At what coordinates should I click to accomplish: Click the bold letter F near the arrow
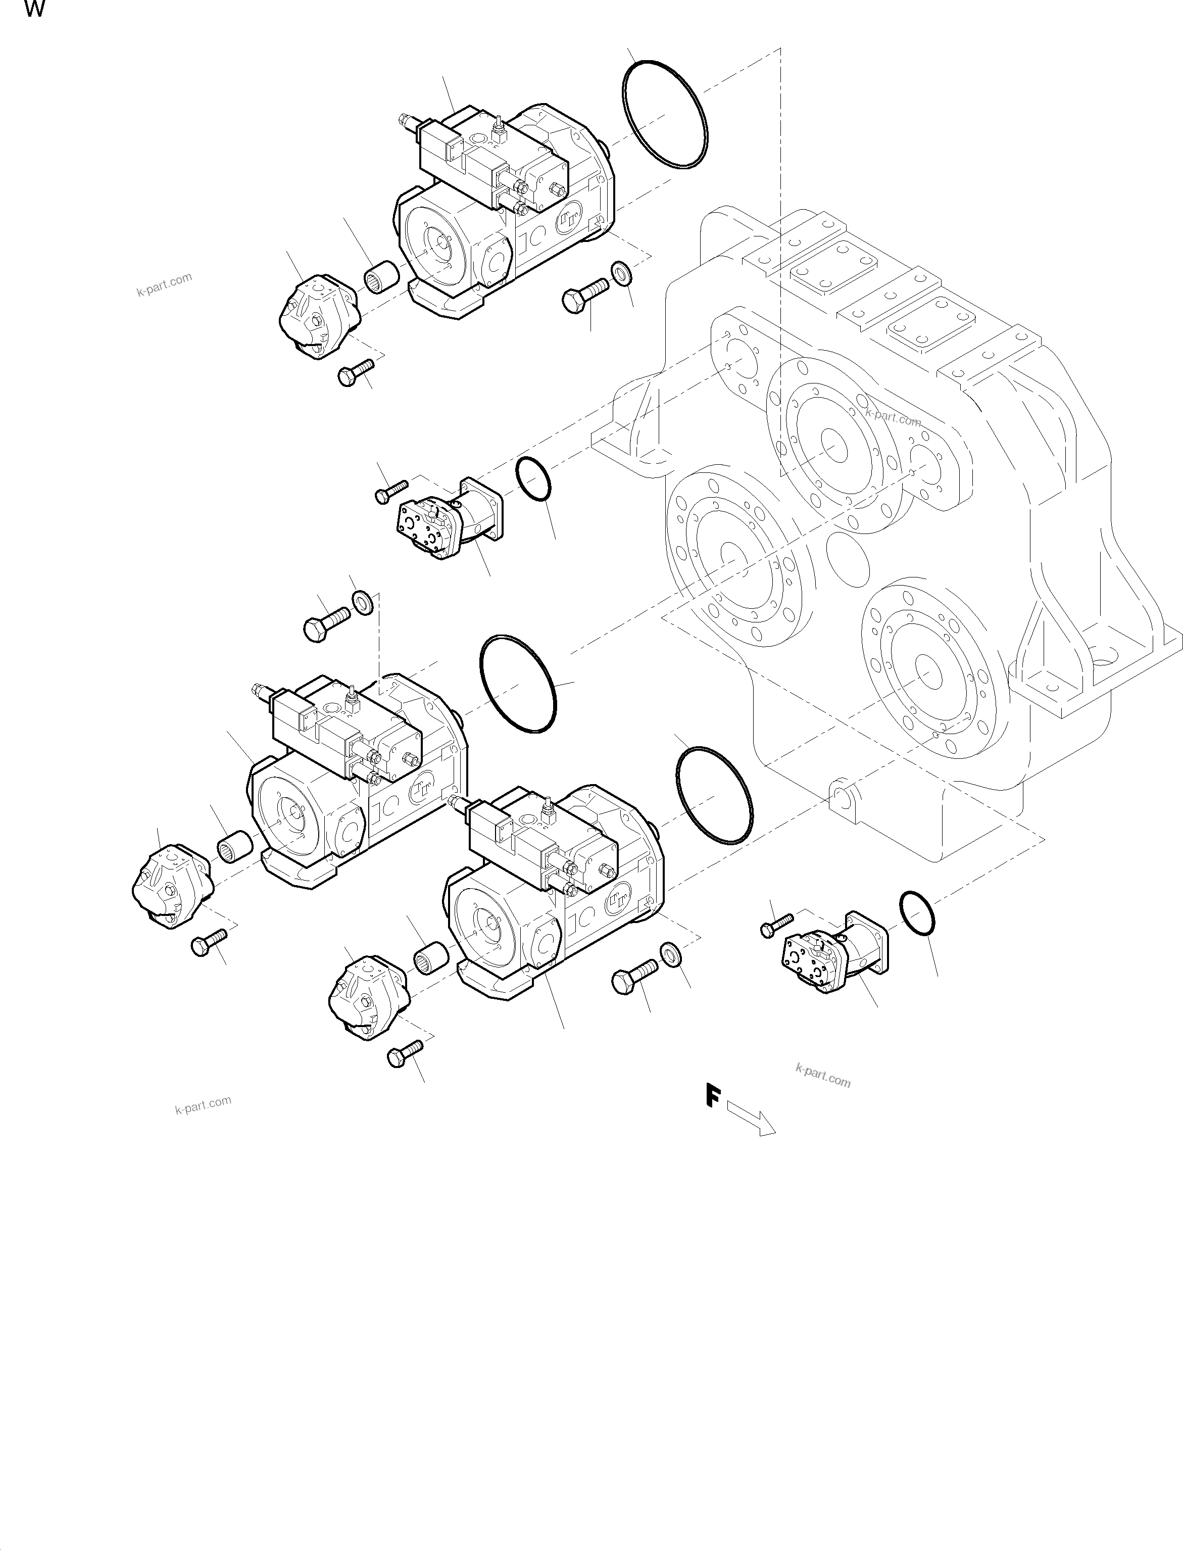click(713, 1096)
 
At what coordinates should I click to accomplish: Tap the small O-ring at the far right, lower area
click(917, 913)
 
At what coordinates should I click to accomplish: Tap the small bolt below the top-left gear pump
click(356, 371)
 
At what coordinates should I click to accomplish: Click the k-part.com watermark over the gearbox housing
click(893, 418)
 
